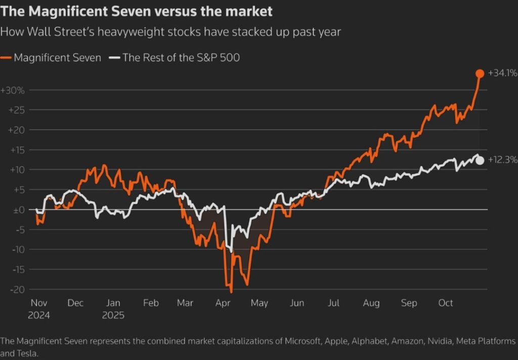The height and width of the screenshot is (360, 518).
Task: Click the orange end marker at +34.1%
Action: click(480, 73)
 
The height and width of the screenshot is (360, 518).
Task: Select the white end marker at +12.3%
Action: click(480, 160)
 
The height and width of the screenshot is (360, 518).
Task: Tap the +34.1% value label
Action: click(503, 73)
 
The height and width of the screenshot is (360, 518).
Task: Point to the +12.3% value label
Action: click(503, 160)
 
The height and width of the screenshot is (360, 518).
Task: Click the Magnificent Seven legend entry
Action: click(51, 58)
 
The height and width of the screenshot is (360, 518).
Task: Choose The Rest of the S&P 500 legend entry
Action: click(175, 58)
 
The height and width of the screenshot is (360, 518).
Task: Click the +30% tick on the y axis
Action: click(13, 90)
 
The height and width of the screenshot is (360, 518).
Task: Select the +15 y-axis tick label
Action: click(18, 150)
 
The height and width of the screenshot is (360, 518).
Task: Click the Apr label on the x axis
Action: click(223, 303)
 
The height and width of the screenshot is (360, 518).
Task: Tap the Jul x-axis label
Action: click(334, 303)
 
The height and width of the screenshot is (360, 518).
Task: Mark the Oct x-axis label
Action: click(446, 303)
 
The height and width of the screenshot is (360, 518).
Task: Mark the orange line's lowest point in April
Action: click(232, 292)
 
